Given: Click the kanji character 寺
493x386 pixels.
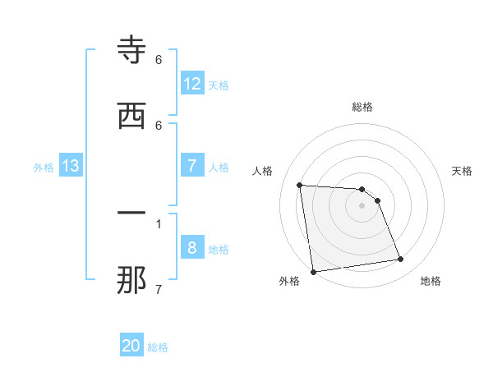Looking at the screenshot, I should [131, 51].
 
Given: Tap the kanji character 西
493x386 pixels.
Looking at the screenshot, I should [131, 116].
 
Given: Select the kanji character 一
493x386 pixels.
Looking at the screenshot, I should [131, 214].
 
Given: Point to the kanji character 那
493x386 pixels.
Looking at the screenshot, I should [131, 280].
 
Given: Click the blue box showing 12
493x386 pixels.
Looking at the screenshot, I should [192, 84].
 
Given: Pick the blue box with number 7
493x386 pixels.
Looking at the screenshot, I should [192, 166].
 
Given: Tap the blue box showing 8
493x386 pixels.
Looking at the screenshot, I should [192, 248].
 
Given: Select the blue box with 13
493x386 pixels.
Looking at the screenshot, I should [70, 166].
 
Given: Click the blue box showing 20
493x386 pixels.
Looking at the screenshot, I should [131, 346].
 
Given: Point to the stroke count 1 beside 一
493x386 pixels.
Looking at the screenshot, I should [159, 223].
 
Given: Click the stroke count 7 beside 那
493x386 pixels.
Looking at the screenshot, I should [159, 288].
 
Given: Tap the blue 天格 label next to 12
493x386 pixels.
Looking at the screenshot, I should [219, 85].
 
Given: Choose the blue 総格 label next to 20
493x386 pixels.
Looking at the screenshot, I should [158, 347].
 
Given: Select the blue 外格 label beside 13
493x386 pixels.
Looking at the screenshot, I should [44, 168].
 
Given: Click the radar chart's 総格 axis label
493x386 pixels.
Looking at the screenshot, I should [362, 107].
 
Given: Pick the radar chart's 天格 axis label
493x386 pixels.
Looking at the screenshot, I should [463, 171].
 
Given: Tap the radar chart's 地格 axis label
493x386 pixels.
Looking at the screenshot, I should [431, 281].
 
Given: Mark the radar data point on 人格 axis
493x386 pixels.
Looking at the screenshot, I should [300, 185].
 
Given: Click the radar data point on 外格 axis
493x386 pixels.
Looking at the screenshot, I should [313, 271].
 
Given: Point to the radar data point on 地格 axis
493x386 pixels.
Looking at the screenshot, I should [401, 260].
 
